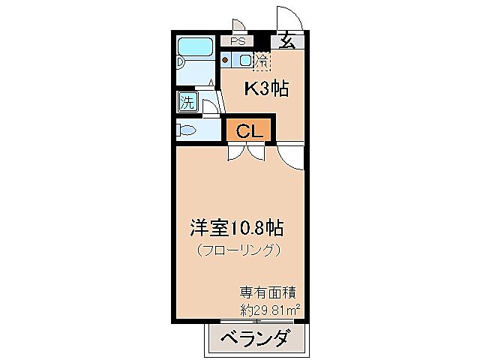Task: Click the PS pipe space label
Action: pyautogui.click(x=238, y=41)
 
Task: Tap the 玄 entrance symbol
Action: pyautogui.click(x=286, y=42)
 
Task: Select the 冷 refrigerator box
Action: pyautogui.click(x=262, y=58)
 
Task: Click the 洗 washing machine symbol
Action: pyautogui.click(x=187, y=101)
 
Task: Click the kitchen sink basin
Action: pyautogui.click(x=245, y=58)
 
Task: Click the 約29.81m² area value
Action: pyautogui.click(x=269, y=308)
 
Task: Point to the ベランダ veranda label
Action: pyautogui.click(x=255, y=339)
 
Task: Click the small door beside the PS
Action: pyautogui.click(x=237, y=25)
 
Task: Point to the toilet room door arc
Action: pyautogui.click(x=210, y=105)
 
